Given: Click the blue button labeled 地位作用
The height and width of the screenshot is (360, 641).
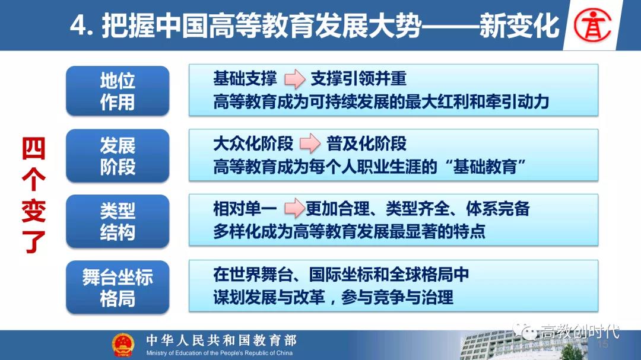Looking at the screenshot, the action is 118,91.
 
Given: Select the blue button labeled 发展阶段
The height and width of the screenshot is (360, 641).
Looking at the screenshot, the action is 118,156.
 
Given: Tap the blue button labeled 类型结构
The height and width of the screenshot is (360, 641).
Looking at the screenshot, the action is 118,221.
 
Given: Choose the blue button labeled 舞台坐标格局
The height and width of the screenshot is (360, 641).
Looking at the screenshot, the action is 118,287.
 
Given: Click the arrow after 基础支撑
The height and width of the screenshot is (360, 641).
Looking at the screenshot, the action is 295,79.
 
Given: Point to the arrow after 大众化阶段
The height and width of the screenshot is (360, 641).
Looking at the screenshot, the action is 310,144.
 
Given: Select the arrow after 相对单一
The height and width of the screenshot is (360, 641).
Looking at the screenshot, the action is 294,208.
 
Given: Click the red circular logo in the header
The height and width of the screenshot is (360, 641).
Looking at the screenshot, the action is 592,26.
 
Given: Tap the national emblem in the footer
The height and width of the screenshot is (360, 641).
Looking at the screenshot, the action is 123,345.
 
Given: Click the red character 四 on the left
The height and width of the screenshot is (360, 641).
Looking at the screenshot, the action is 33,149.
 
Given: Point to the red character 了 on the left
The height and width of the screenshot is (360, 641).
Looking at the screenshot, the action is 33,242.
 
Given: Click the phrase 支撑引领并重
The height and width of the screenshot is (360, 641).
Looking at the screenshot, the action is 358,78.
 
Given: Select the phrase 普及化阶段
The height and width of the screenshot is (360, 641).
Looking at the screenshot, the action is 366,144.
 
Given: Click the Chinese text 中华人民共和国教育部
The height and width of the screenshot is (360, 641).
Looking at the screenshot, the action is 221,340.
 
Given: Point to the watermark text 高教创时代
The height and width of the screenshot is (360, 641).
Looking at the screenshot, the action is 580,332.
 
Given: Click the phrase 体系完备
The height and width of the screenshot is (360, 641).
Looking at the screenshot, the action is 498,209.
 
